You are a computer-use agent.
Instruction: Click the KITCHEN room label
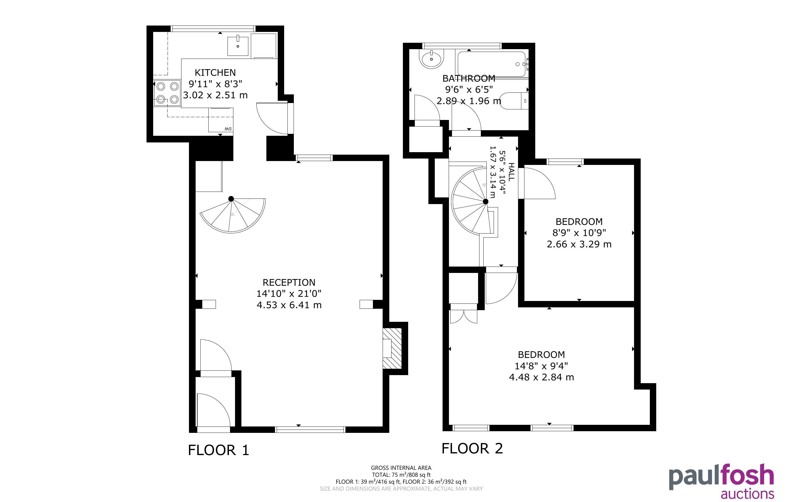point(215,72)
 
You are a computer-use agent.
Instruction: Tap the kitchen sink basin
point(238,46)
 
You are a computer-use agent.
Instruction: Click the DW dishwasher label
point(228,129)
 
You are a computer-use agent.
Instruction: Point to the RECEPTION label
point(289,283)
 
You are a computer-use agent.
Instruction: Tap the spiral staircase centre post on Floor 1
point(231,199)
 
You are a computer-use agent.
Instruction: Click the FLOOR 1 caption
point(218,450)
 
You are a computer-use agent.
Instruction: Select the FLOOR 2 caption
point(472,448)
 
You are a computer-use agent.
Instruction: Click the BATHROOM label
point(469,78)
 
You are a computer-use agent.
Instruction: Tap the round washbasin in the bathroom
point(431,59)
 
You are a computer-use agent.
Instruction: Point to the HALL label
point(511,172)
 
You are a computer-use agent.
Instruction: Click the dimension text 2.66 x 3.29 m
point(579,244)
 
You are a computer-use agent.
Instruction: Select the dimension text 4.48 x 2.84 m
point(541,377)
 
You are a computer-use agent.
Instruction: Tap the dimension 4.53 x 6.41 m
point(289,305)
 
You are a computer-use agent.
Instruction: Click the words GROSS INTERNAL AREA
point(401,468)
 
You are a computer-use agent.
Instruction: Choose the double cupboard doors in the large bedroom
point(463,317)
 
